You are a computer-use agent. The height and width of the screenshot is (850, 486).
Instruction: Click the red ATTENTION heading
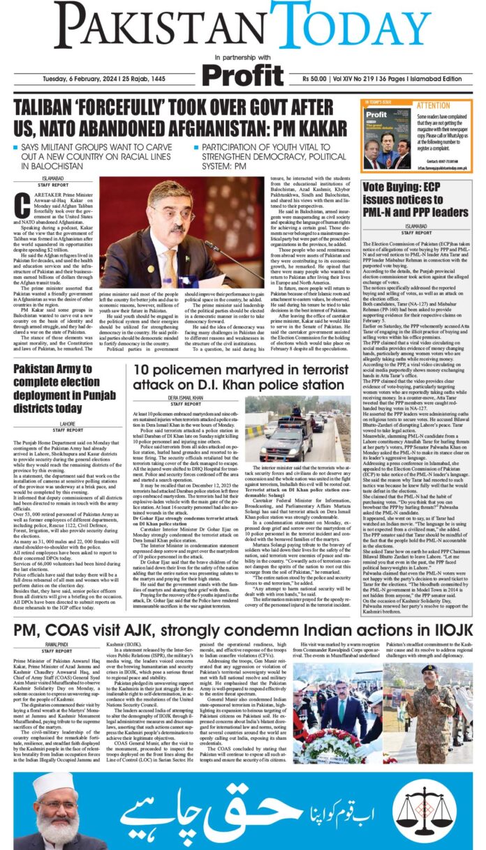click(434, 107)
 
